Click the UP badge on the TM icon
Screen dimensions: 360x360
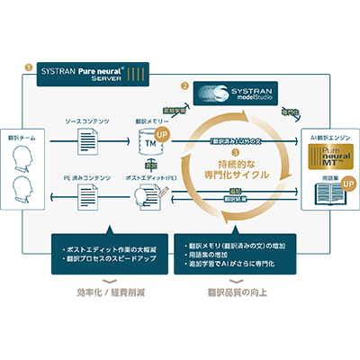[161, 134]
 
